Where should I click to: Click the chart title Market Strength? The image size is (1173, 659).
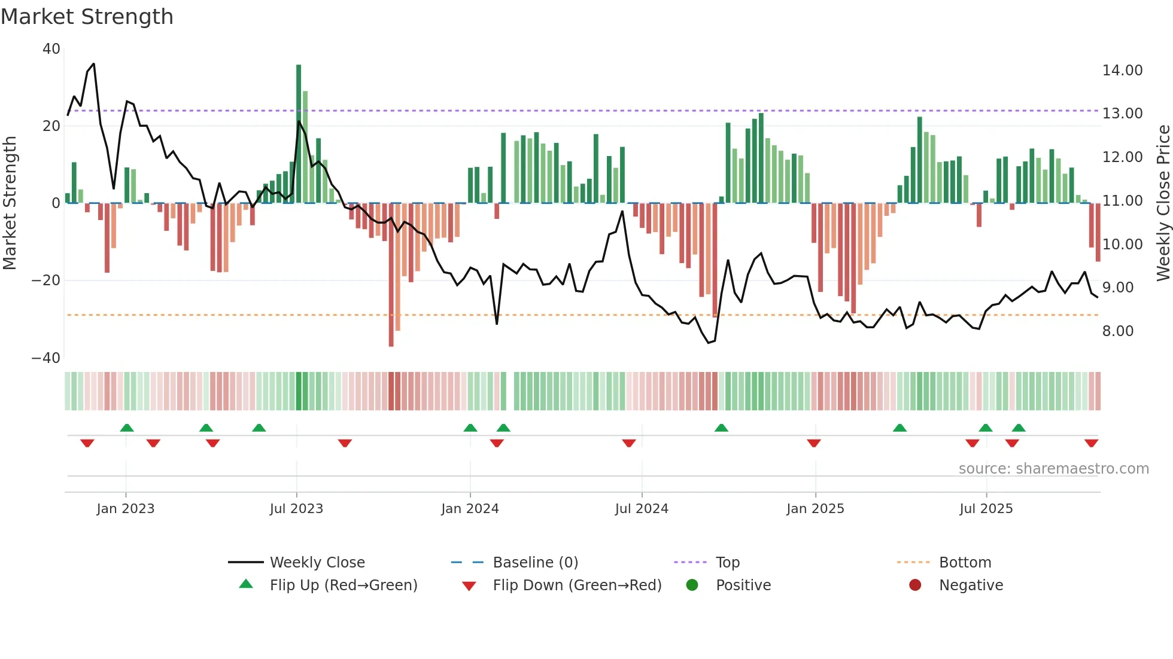[x=87, y=17]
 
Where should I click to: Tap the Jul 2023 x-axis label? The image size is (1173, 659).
[x=296, y=508]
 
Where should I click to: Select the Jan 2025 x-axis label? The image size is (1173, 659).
[x=815, y=508]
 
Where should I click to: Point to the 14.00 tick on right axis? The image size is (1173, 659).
[x=1122, y=71]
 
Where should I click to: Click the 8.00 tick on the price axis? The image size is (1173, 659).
[x=1117, y=331]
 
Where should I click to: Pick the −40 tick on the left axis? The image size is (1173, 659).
[x=46, y=358]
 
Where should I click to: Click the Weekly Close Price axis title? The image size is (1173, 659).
[x=1163, y=203]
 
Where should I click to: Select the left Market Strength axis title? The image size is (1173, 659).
[x=10, y=203]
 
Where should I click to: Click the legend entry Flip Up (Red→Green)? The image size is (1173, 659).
[x=343, y=585]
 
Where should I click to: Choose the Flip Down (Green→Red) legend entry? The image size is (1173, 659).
[x=577, y=585]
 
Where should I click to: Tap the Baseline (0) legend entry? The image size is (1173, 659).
[x=535, y=562]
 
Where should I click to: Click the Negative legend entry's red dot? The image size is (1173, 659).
[x=915, y=585]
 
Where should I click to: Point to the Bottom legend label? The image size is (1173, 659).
[x=965, y=562]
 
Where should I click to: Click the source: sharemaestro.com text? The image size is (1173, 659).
[x=1053, y=468]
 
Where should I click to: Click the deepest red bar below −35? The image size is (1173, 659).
[x=391, y=275]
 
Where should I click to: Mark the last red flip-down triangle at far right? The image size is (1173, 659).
[x=1091, y=443]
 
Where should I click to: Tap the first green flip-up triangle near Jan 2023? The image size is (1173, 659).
[x=127, y=428]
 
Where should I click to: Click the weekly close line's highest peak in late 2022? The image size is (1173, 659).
[x=93, y=64]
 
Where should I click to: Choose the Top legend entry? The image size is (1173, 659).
[x=727, y=562]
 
